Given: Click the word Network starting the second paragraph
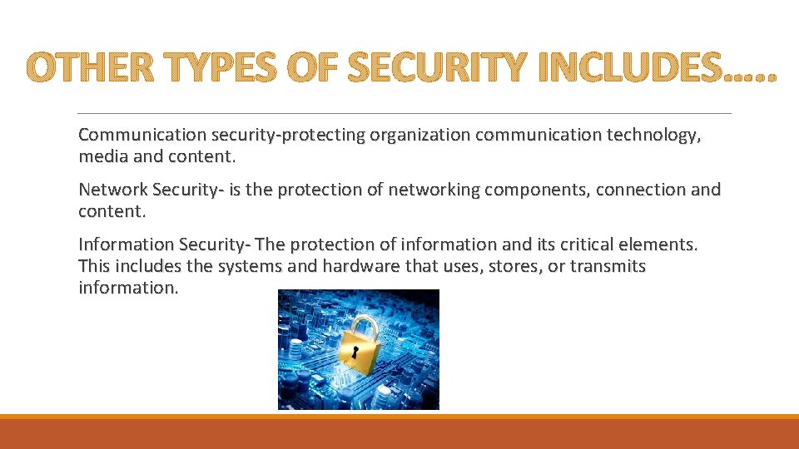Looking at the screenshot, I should click(x=113, y=190).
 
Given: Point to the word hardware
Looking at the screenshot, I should click(x=363, y=266).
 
